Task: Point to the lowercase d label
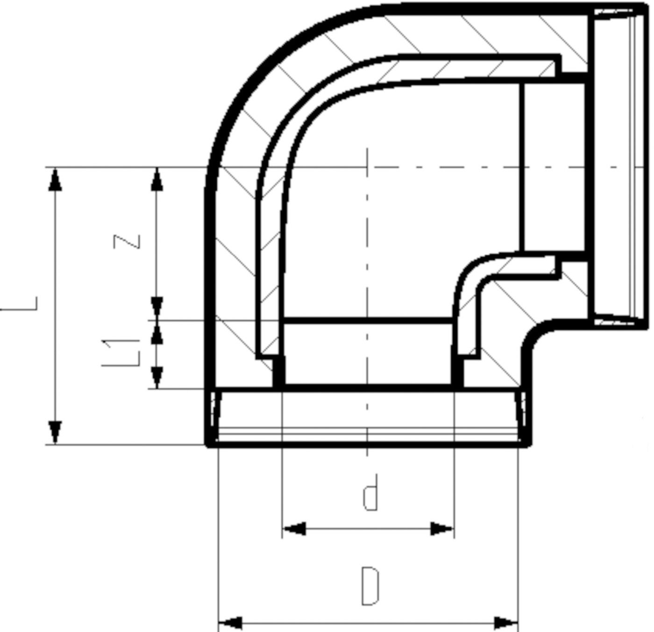coord(370,492)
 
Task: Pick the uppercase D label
coord(370,586)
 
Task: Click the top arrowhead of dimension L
coord(56,180)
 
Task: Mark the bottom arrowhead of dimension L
coord(56,432)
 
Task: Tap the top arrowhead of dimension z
coord(157,179)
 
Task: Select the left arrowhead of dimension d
coord(295,529)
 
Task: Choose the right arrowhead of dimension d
coord(441,529)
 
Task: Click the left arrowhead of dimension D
coord(230,623)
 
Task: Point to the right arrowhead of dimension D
coord(506,623)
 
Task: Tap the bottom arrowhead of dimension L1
coord(157,377)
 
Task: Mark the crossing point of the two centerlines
coord(368,167)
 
